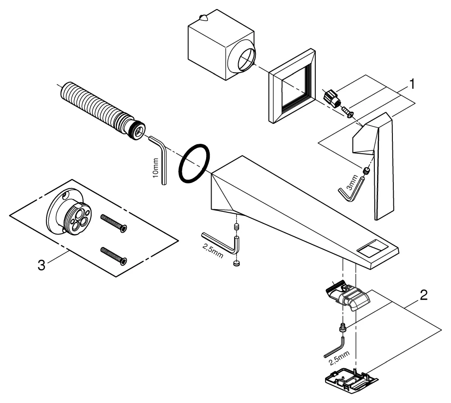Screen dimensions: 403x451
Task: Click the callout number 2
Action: (423, 296)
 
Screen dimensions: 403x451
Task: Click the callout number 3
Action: (41, 265)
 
